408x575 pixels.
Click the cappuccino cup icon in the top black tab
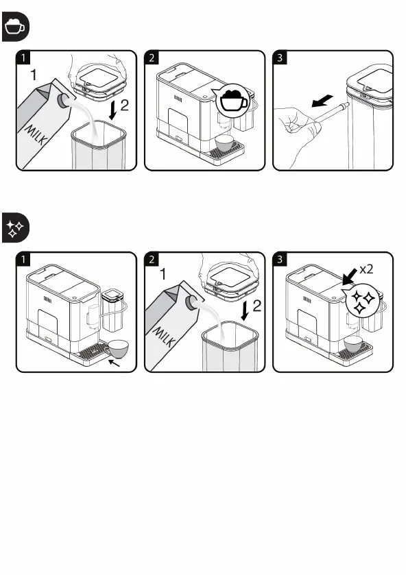15,26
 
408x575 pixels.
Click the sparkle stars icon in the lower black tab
15,228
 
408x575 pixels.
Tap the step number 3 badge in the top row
280,58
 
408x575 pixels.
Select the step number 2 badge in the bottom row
152,259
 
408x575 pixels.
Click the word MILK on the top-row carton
36,134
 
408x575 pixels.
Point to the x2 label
365,269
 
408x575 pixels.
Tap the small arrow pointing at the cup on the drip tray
114,363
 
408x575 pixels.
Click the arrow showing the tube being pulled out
322,101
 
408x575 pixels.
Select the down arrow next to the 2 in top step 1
113,110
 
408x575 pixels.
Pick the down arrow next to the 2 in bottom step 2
245,310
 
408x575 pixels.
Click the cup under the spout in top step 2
226,143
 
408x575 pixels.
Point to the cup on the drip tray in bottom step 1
117,349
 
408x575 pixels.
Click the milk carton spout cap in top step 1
62,101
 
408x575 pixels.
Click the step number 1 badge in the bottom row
23,259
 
